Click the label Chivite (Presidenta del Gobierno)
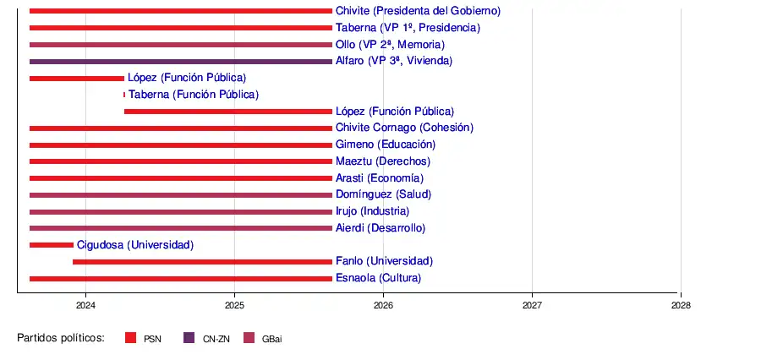(x=418, y=11)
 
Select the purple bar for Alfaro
(x=180, y=62)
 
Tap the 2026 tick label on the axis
(x=383, y=305)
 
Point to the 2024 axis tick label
(x=85, y=305)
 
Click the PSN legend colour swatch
(x=130, y=338)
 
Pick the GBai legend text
(x=272, y=338)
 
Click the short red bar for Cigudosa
(x=52, y=245)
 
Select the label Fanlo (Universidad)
(x=384, y=261)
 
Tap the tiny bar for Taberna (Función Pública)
(x=124, y=95)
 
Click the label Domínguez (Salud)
(x=383, y=194)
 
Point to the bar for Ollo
(x=180, y=45)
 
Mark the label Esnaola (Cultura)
(x=378, y=278)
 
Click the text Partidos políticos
(x=61, y=338)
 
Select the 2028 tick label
(x=681, y=305)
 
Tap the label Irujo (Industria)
(x=372, y=211)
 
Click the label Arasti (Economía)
(x=380, y=178)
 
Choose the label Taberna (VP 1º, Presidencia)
(x=408, y=28)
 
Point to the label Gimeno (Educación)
(x=386, y=145)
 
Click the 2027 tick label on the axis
(x=532, y=305)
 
